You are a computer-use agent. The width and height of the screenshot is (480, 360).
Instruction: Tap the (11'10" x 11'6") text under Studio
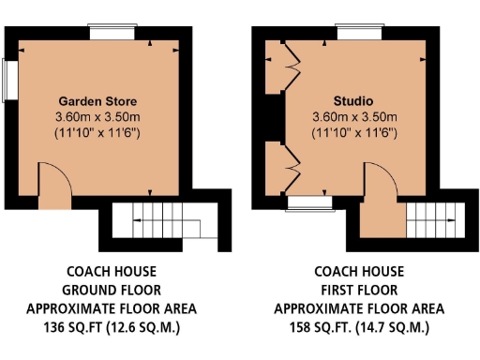tap(354, 133)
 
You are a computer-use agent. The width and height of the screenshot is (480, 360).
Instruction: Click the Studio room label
tap(354, 100)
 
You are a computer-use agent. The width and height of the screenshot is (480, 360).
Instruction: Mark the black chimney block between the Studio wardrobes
tap(272, 118)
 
